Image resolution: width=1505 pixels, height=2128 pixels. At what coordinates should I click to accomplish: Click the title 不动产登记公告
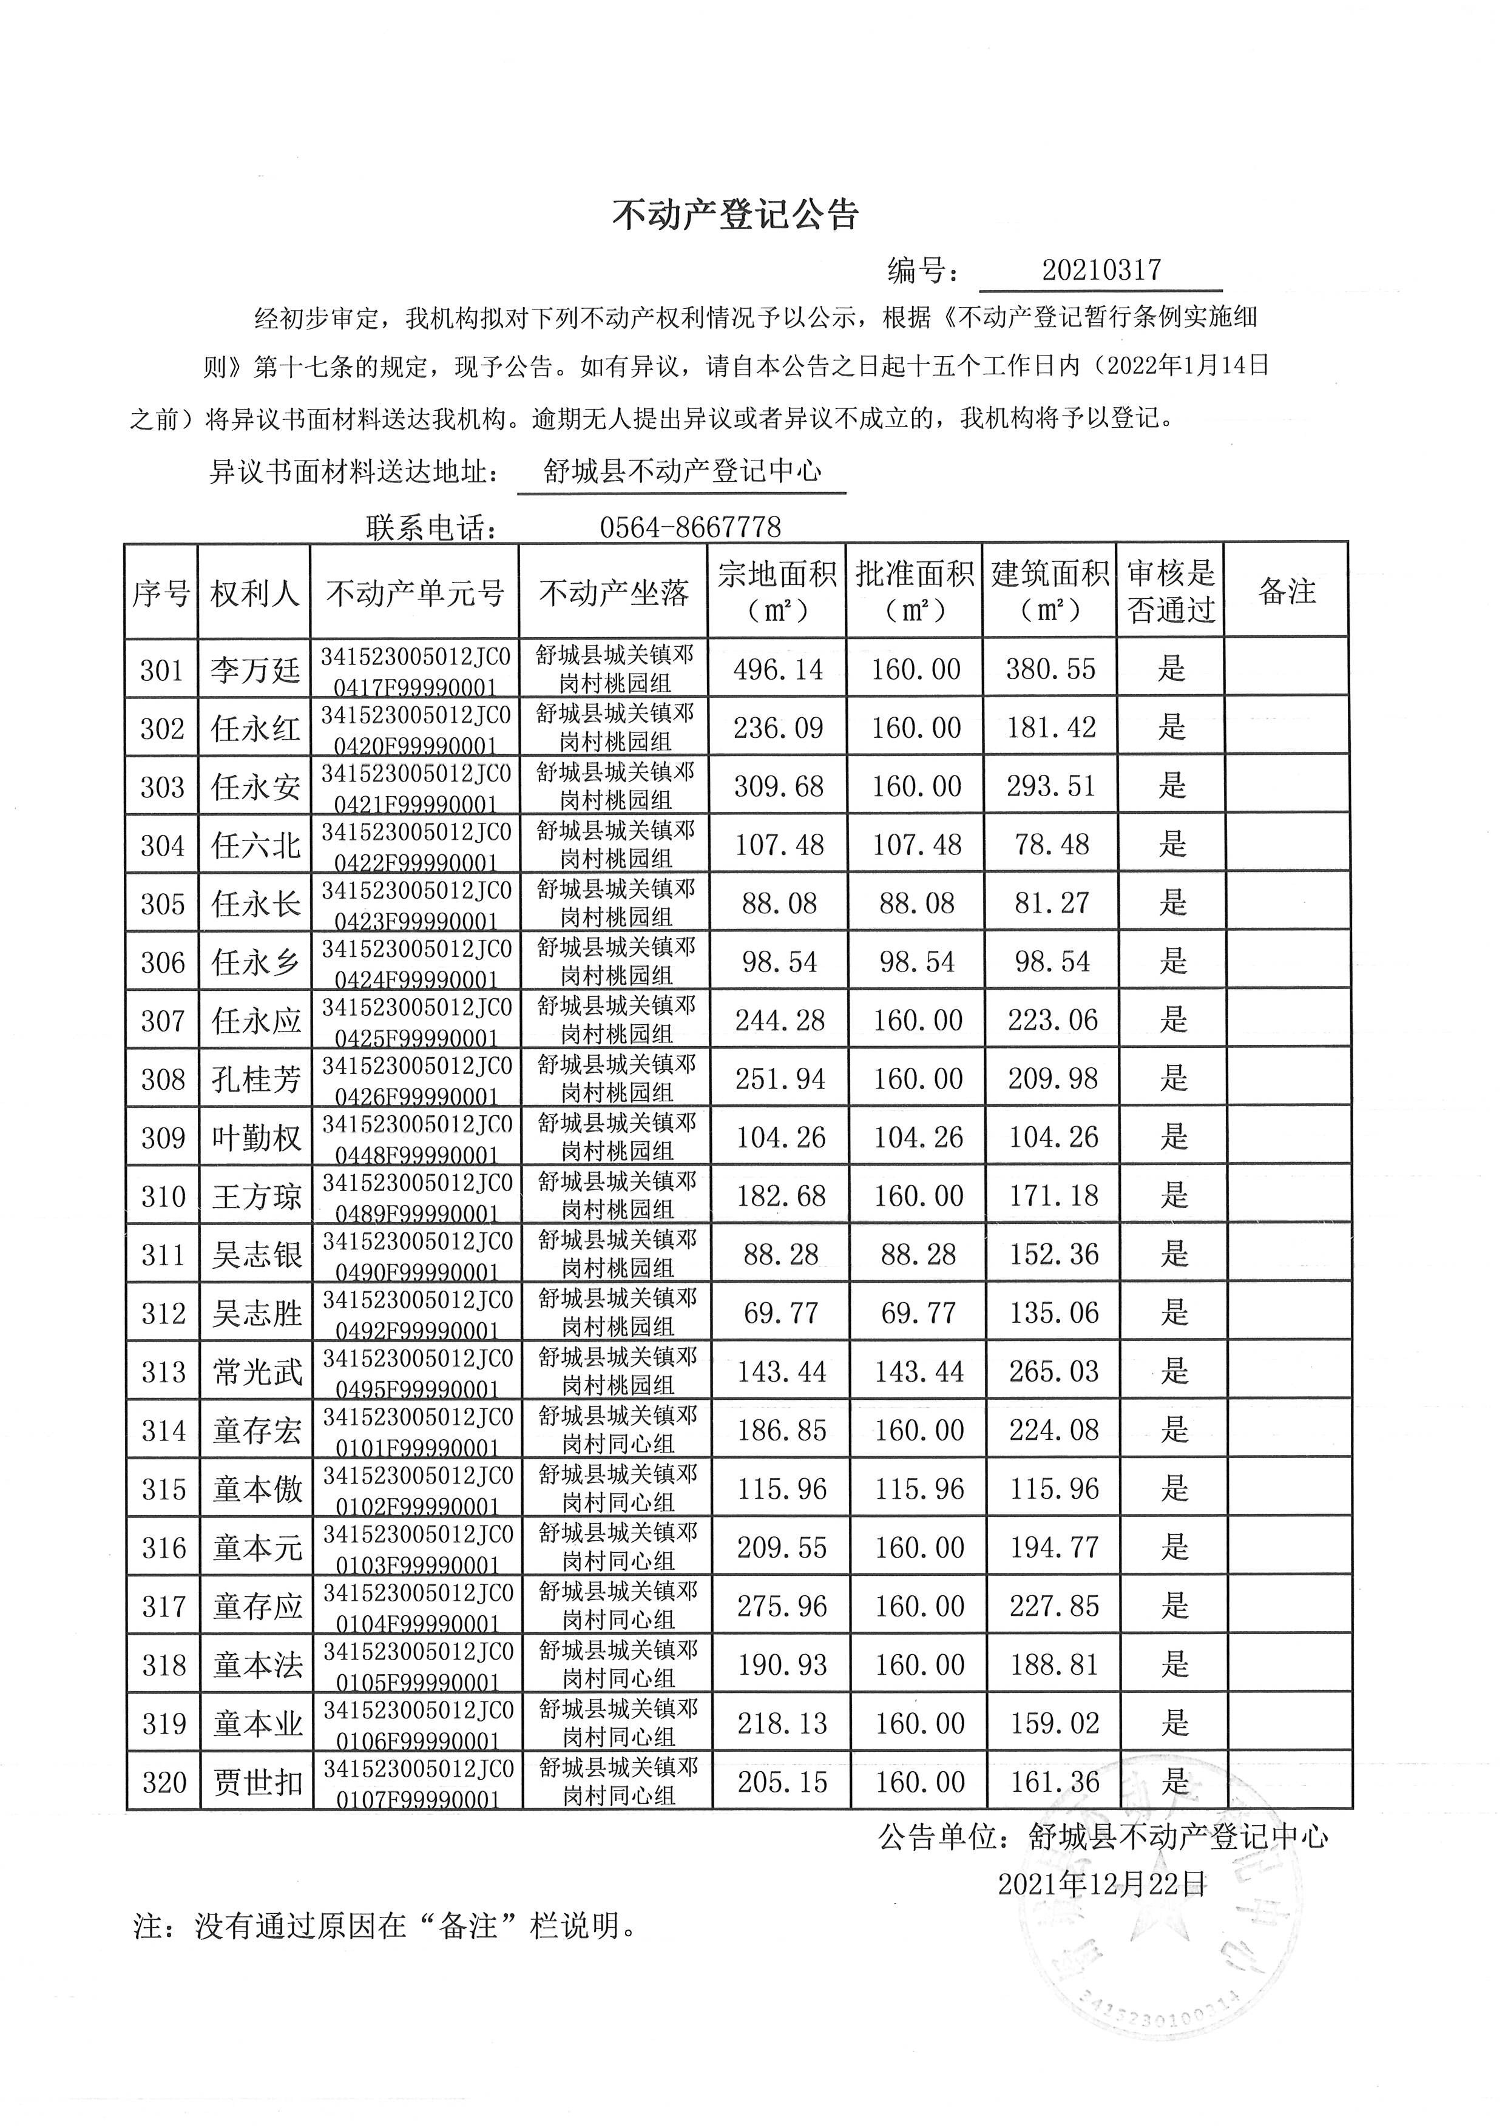(x=736, y=215)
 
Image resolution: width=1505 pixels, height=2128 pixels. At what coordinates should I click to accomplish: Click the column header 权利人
(x=255, y=592)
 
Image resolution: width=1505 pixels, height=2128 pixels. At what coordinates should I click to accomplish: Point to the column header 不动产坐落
(x=614, y=592)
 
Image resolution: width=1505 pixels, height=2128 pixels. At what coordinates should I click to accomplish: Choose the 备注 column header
(x=1287, y=592)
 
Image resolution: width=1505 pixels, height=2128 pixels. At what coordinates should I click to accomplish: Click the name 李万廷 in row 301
(x=255, y=669)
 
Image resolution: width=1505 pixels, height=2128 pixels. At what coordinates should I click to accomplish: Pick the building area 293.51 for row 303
(x=1051, y=786)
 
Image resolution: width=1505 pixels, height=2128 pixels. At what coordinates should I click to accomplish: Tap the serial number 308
(x=163, y=1079)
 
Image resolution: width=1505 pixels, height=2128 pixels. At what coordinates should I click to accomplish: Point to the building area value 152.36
(x=1053, y=1254)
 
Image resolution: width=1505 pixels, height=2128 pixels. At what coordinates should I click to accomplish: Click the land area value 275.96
(x=781, y=1606)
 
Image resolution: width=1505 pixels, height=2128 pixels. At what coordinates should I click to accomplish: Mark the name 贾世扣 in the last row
(x=258, y=1782)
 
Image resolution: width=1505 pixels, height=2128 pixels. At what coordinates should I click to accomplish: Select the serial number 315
(x=164, y=1488)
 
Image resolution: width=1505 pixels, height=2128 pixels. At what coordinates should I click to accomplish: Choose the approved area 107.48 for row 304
(x=916, y=844)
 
